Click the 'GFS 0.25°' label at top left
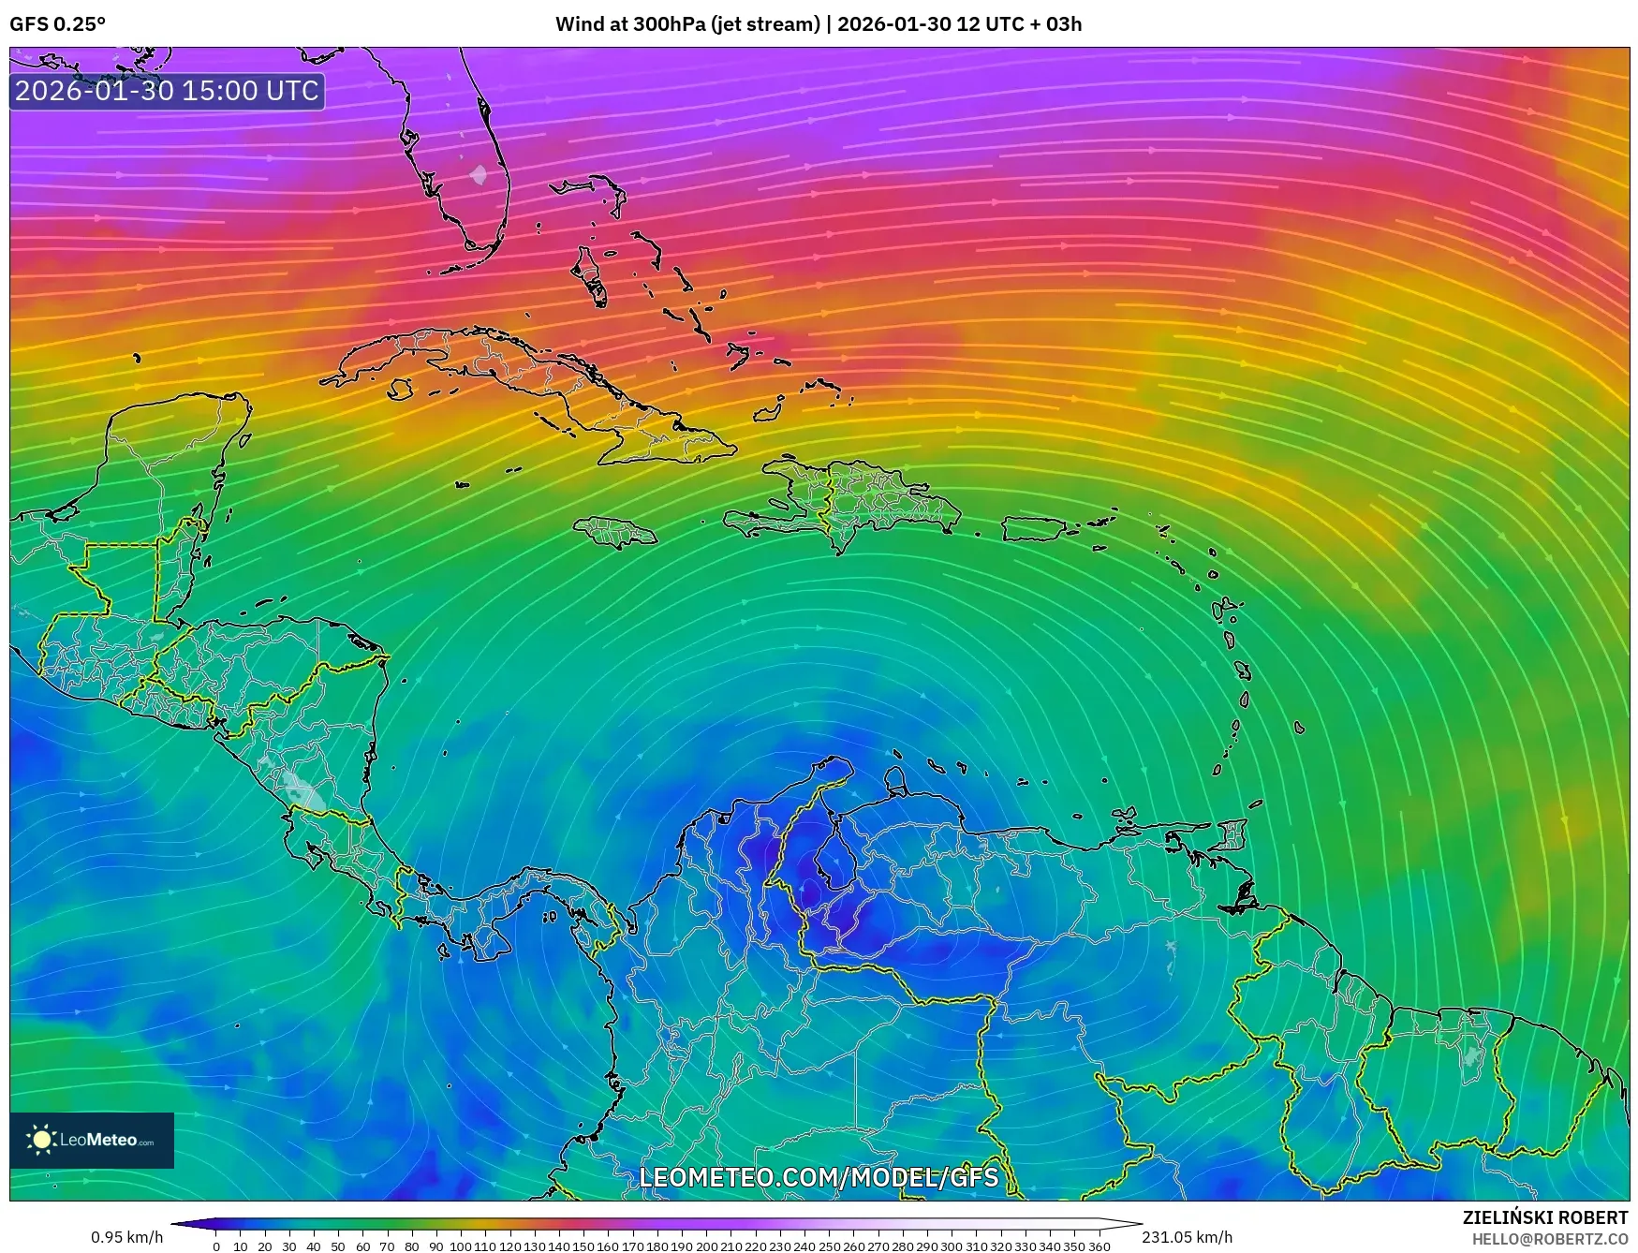point(58,23)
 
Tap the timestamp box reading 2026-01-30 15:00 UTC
point(167,91)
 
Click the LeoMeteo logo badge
point(92,1140)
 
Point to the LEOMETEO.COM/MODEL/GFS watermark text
point(819,1176)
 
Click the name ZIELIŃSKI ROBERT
point(1545,1217)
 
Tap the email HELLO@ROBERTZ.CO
point(1550,1238)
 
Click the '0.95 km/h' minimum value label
point(126,1237)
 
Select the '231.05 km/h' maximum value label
point(1188,1237)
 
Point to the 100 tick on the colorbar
point(461,1246)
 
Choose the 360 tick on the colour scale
point(1099,1246)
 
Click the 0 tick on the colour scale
point(216,1246)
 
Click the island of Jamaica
point(615,533)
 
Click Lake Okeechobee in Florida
point(479,174)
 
